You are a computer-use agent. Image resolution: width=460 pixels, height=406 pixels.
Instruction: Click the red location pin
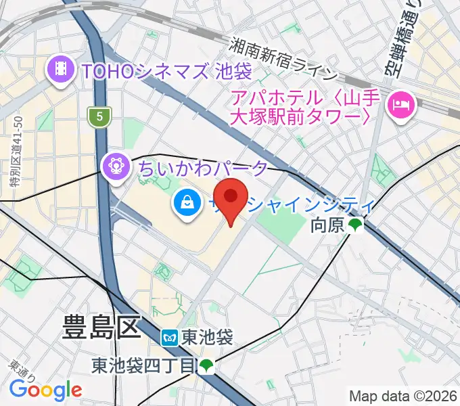pyautogui.click(x=233, y=198)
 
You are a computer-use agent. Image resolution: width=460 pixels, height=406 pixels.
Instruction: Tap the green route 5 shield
pyautogui.click(x=99, y=117)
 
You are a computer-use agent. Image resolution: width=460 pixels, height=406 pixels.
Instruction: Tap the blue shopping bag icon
pyautogui.click(x=186, y=202)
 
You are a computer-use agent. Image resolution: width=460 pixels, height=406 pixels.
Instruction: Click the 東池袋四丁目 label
pyautogui.click(x=141, y=366)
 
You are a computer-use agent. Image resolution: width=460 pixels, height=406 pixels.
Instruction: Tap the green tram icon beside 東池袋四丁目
pyautogui.click(x=206, y=366)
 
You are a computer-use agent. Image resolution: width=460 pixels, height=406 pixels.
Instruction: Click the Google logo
pyautogui.click(x=45, y=390)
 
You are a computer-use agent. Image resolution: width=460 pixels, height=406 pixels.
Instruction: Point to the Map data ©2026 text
pyautogui.click(x=403, y=395)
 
